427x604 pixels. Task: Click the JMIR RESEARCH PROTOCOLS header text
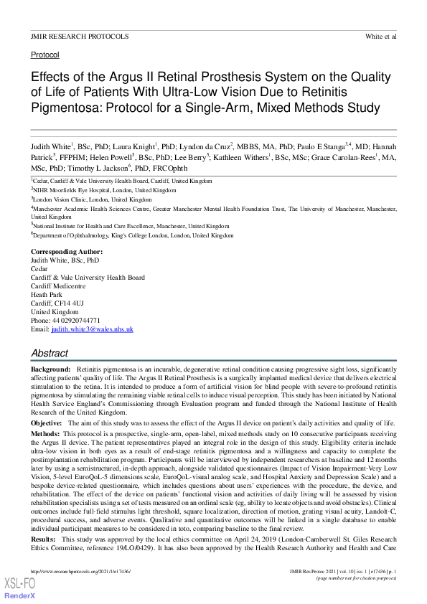[80, 36]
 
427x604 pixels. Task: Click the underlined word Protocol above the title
[45, 55]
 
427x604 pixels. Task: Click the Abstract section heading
[50, 353]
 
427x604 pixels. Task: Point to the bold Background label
[50, 367]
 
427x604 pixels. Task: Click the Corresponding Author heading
[67, 252]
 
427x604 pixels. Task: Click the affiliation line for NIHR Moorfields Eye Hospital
[103, 190]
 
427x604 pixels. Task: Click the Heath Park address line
[47, 295]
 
